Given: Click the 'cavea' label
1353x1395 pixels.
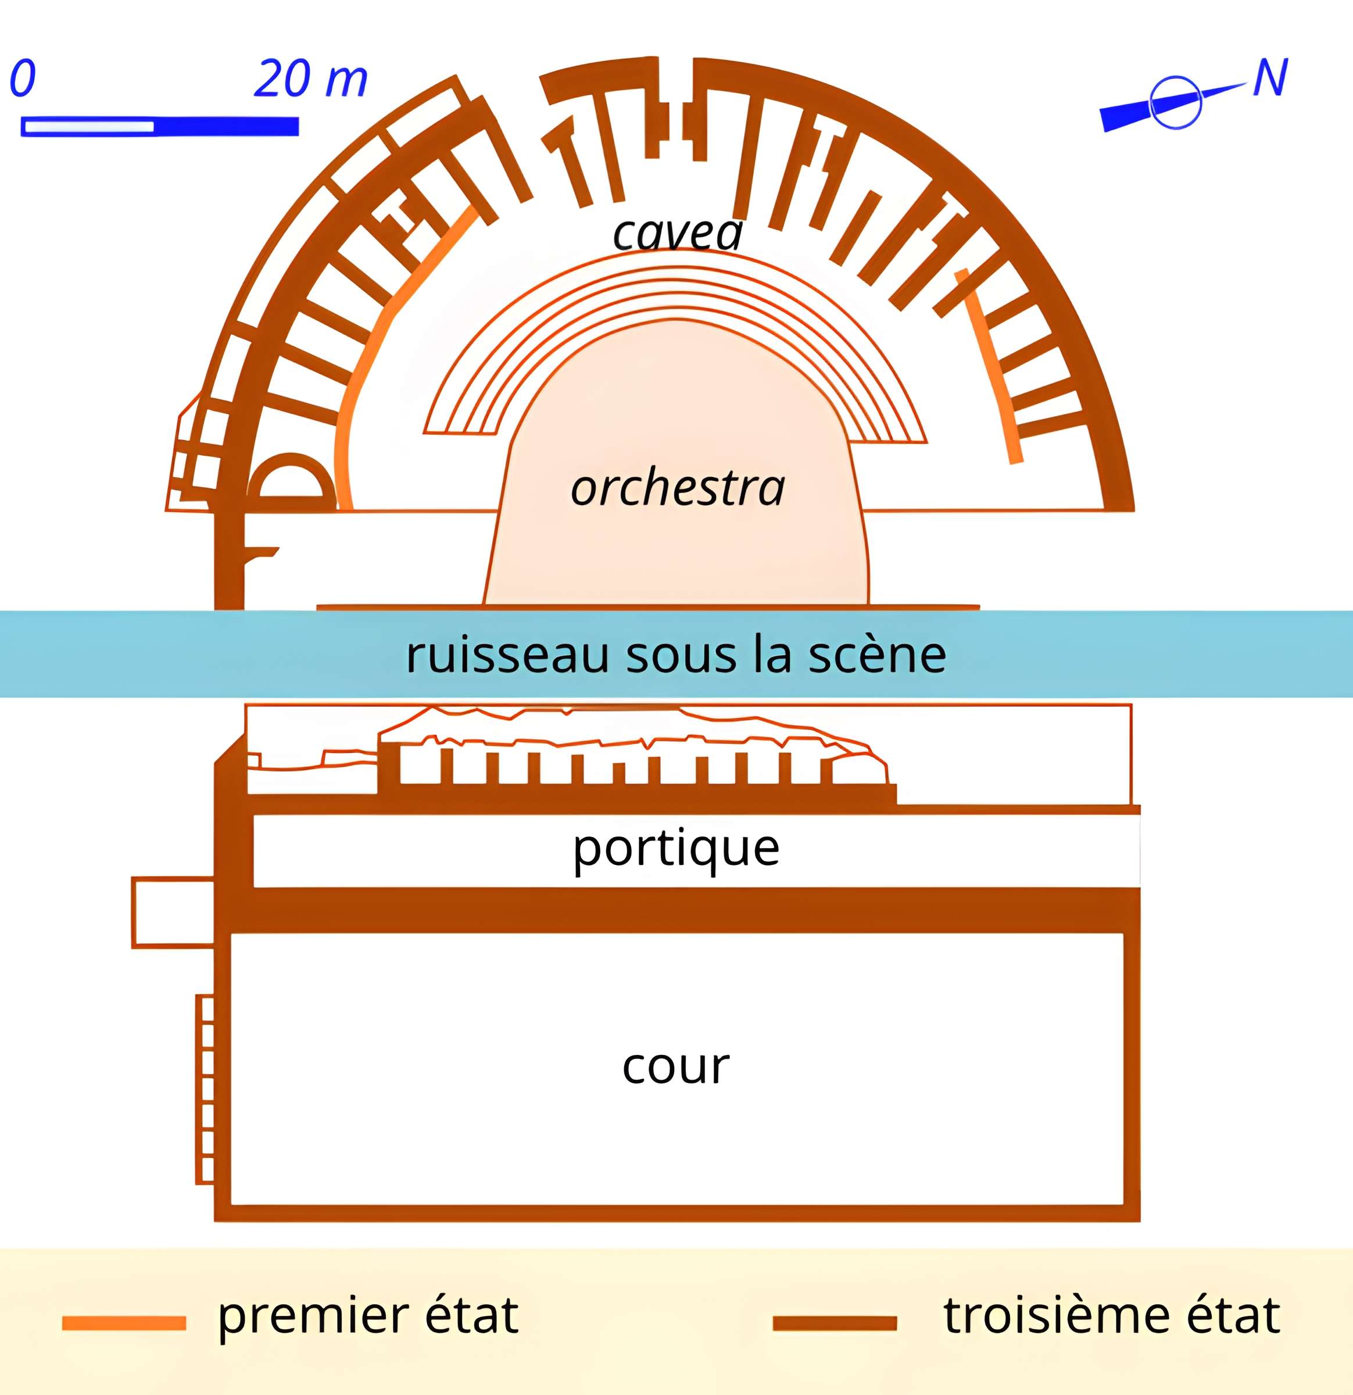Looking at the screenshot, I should click(x=678, y=233).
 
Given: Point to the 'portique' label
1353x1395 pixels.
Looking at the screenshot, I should click(x=676, y=849).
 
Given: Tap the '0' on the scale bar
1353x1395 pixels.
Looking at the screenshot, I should click(x=23, y=78).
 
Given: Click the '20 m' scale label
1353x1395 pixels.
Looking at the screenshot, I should click(x=310, y=78).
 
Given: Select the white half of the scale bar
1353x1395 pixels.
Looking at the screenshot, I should click(x=89, y=127).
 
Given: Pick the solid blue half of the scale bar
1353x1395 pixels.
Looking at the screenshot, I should click(x=226, y=127).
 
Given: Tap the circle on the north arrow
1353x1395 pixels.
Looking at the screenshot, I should click(x=1176, y=102).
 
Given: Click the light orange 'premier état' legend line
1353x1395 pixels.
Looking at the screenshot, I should click(x=124, y=1323).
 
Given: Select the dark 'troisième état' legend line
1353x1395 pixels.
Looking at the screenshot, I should click(x=834, y=1323).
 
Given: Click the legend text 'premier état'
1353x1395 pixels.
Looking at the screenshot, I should click(x=367, y=1316).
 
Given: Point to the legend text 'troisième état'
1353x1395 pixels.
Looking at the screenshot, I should click(x=1111, y=1316).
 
